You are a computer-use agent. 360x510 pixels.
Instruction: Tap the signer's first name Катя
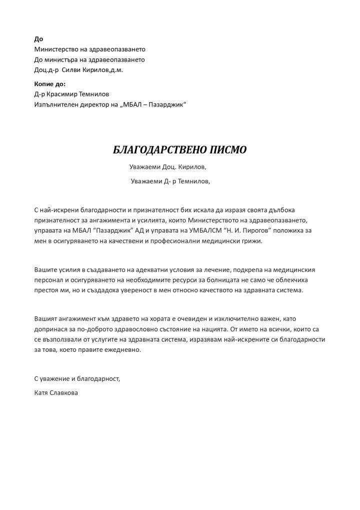41,393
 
